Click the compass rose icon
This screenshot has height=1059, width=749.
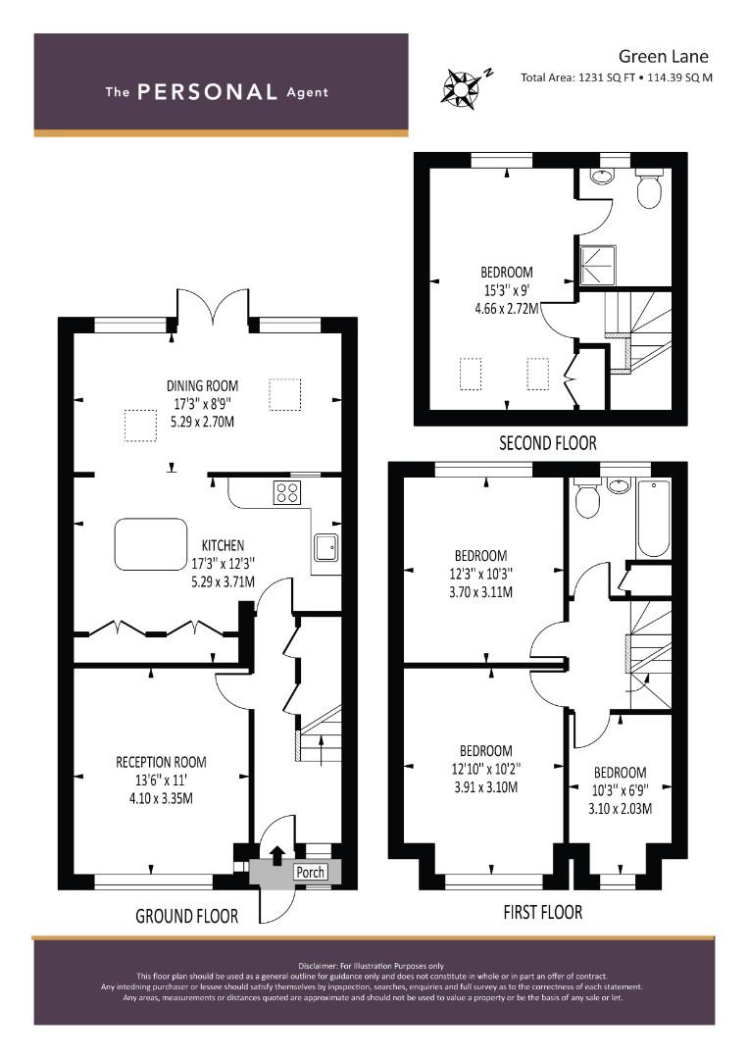(x=462, y=85)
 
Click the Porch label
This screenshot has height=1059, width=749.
(x=311, y=872)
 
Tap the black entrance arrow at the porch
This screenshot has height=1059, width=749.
(x=276, y=856)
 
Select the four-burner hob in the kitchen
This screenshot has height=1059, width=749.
(x=286, y=491)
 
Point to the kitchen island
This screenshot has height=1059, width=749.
(x=151, y=544)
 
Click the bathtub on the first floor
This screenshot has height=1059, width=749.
(x=653, y=518)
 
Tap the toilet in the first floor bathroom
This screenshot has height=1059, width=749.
(x=586, y=497)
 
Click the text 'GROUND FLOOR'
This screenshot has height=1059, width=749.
(x=187, y=917)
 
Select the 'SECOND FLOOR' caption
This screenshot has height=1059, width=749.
(x=548, y=443)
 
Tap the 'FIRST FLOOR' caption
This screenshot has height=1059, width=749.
(x=543, y=913)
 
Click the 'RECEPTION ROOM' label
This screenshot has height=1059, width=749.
(x=161, y=763)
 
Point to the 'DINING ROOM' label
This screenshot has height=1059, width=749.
(x=203, y=386)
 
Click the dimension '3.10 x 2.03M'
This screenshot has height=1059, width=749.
(x=620, y=808)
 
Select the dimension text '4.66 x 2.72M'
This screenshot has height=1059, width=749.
(x=507, y=309)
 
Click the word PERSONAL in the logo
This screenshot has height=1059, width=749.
(x=207, y=92)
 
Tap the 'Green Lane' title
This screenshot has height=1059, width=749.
(x=664, y=56)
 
